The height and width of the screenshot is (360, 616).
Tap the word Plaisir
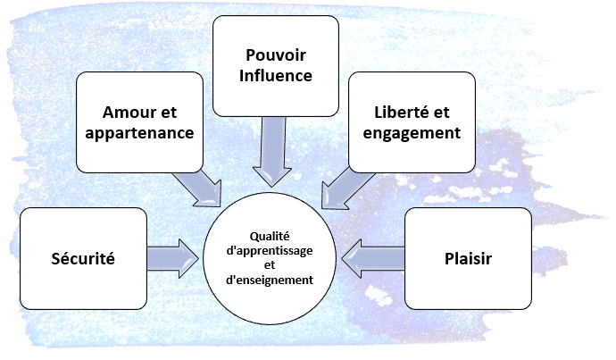(x=468, y=259)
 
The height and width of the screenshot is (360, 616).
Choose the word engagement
(x=411, y=133)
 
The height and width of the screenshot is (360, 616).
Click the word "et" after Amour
(x=167, y=113)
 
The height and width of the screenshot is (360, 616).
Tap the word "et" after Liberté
(x=445, y=113)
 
